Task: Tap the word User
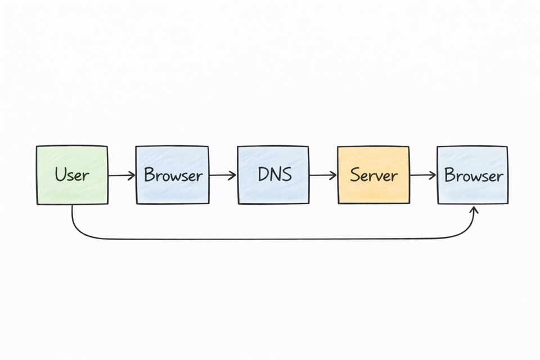coord(72,175)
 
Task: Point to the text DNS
coord(274,174)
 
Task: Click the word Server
coord(373,175)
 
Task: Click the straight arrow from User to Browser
coord(120,175)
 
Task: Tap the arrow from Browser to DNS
coord(222,175)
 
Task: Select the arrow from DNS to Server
coord(322,175)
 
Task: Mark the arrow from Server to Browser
coord(422,175)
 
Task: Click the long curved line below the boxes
coord(270,239)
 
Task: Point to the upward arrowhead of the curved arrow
coord(474,209)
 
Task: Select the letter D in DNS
coord(263,174)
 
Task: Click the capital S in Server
coord(355,175)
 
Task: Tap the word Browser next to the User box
coord(173,175)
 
